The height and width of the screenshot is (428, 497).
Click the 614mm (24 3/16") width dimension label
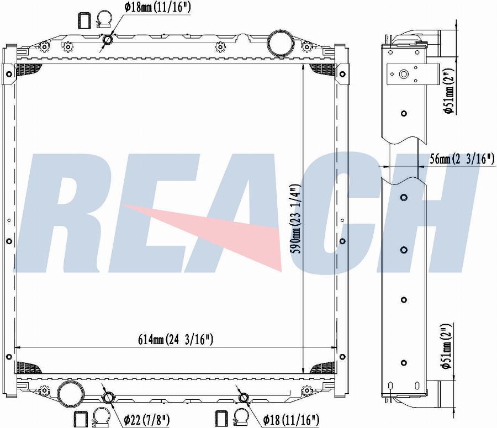pos(176,340)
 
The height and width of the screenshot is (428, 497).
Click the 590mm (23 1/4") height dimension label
pos(296,219)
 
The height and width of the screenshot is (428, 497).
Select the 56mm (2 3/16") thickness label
pos(462,158)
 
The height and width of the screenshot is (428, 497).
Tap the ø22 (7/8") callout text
pos(147,420)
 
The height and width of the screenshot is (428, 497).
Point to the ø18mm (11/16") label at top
pos(157,7)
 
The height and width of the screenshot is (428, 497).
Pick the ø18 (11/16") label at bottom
pos(291,420)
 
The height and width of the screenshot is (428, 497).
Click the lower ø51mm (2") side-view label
pos(447,347)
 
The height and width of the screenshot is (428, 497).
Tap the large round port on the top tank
pos(278,44)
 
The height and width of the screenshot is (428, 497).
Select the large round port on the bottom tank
pos(68,393)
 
